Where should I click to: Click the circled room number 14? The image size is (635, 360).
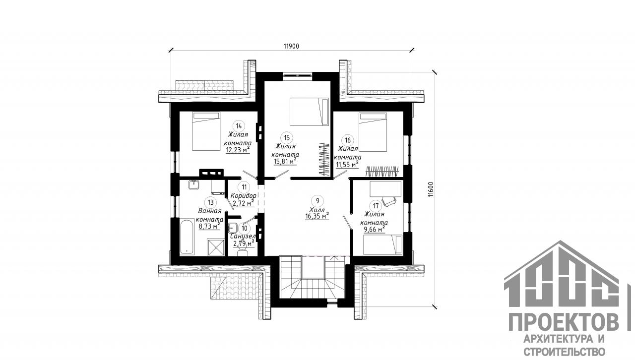coord(239,126)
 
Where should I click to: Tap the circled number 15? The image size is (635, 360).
coord(287,138)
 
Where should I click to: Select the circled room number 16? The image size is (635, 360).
coord(348,140)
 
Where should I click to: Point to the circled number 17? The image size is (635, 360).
coord(376,205)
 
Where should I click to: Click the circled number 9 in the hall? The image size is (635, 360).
coord(317,201)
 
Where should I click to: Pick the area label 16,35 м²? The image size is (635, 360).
coord(317,216)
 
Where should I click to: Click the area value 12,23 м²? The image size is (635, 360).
coord(238,149)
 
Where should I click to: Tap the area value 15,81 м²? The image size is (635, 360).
coord(285,161)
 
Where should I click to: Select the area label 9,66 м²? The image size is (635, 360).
coord(374,229)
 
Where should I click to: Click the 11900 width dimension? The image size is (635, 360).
coord(291,46)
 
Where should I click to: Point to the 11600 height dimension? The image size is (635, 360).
coord(431,189)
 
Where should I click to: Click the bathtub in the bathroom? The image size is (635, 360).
coord(187,236)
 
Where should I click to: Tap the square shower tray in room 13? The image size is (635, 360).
coord(216,247)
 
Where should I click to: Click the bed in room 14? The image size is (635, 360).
coord(206,131)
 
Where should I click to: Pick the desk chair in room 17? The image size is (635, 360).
coord(389,201)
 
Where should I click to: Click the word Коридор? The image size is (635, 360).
coord(243,196)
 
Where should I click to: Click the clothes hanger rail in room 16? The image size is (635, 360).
coord(382,172)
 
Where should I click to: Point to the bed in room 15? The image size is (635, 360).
coord(309,112)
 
